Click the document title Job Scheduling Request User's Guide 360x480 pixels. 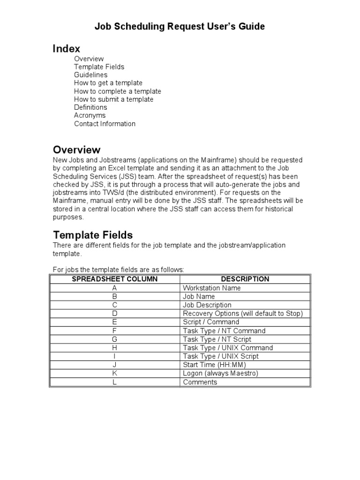click(x=180, y=27)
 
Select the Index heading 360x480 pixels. click(x=66, y=48)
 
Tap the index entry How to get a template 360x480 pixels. click(x=108, y=83)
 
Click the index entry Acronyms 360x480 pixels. click(x=90, y=115)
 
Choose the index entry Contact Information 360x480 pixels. click(x=105, y=124)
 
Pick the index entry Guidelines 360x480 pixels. click(x=90, y=75)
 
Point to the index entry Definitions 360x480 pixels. click(x=90, y=107)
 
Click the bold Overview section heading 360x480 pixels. click(x=76, y=150)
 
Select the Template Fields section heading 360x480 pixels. click(x=93, y=235)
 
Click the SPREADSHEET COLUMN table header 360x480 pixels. click(x=114, y=279)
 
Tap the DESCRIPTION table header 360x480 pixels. click(x=245, y=279)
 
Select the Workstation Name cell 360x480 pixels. click(x=211, y=288)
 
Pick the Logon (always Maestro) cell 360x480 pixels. click(x=215, y=374)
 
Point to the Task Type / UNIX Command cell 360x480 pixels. click(x=228, y=348)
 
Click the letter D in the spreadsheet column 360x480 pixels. click(x=114, y=314)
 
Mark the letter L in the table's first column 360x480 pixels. click(x=114, y=382)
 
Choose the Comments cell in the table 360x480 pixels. click(x=200, y=382)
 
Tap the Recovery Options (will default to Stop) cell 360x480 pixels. click(x=243, y=314)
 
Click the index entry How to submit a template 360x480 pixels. click(x=113, y=99)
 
